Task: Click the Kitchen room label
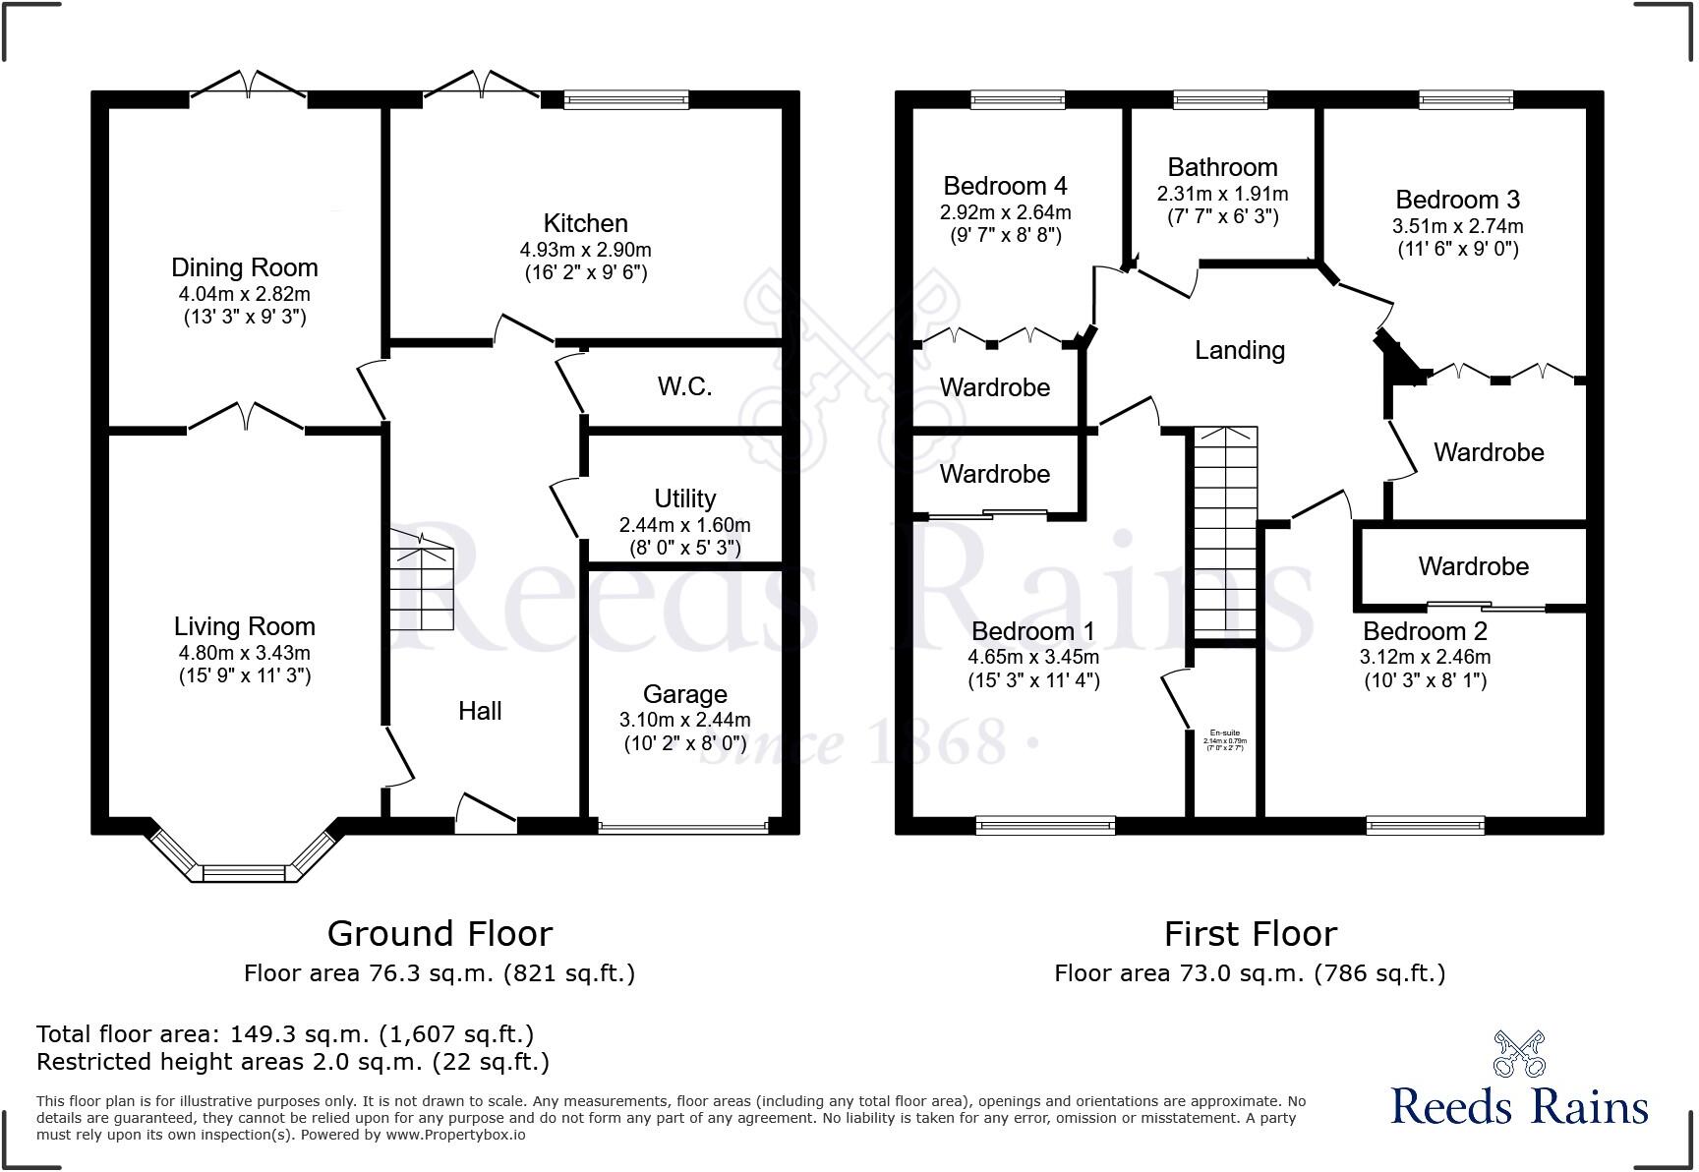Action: [585, 223]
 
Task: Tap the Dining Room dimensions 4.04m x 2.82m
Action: [244, 293]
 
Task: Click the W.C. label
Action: [684, 386]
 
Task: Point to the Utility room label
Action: [684, 498]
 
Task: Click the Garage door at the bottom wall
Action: [683, 828]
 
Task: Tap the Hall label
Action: [480, 711]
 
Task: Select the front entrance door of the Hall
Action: [486, 814]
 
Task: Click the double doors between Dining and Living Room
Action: [245, 419]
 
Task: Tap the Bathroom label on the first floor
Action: [1222, 167]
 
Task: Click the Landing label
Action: [1239, 350]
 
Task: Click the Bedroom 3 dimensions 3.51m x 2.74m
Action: [1457, 225]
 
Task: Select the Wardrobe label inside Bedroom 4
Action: [994, 387]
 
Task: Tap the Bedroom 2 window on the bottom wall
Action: [1425, 825]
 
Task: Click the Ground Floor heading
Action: [439, 932]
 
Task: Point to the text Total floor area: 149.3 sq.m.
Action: [285, 1033]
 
